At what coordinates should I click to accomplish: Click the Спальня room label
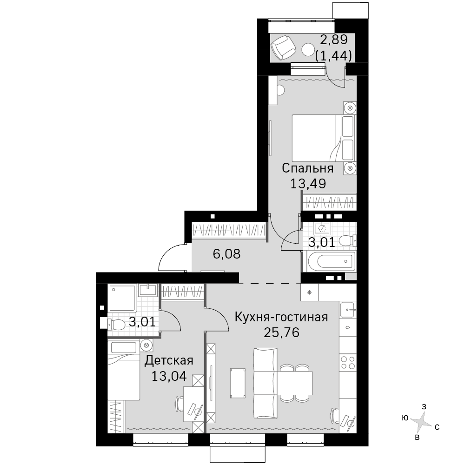[x=307, y=168]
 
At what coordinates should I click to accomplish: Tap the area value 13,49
[x=308, y=184]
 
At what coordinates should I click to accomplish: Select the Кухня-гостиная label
[x=281, y=317]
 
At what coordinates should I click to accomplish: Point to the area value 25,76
[x=281, y=332]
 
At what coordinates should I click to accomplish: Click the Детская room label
[x=169, y=361]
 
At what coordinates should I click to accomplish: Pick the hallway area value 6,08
[x=226, y=254]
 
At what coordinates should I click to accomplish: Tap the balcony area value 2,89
[x=334, y=40]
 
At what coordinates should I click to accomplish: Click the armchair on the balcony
[x=283, y=47]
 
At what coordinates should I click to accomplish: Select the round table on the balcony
[x=308, y=50]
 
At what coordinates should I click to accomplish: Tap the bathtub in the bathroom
[x=332, y=261]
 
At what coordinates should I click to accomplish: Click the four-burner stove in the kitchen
[x=348, y=362]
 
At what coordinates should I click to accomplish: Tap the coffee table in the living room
[x=238, y=383]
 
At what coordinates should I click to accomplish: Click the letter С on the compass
[x=437, y=427]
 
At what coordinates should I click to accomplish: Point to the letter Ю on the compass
[x=405, y=418]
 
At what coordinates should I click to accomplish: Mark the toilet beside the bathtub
[x=347, y=240]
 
